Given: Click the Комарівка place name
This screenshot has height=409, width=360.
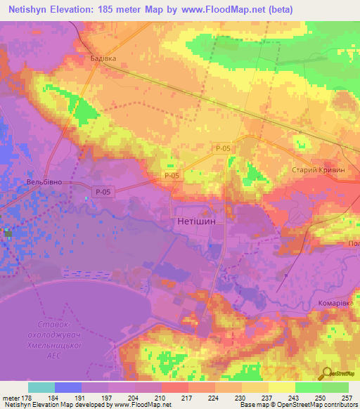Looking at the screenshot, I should tap(333, 303).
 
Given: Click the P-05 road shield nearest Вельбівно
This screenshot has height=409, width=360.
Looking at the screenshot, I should tap(103, 191).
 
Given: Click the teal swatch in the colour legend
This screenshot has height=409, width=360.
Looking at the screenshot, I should tap(41, 387).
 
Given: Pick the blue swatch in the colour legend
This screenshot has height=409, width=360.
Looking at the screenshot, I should tap(68, 387).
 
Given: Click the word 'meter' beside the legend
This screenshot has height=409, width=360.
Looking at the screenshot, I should tap(10, 397).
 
